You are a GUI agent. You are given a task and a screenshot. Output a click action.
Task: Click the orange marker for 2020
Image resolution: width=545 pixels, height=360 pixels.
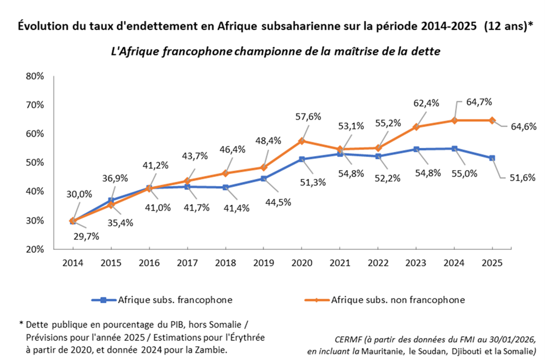[x=301, y=141]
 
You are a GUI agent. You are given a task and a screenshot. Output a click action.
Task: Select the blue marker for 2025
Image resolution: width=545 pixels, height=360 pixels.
[x=492, y=158]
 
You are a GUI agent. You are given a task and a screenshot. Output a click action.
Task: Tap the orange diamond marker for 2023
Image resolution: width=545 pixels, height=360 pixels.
[x=416, y=127]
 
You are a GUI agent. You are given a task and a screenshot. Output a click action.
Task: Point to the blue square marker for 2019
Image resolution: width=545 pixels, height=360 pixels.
[x=263, y=178]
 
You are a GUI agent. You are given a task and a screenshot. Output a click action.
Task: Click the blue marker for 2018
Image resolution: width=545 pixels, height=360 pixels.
[x=225, y=187]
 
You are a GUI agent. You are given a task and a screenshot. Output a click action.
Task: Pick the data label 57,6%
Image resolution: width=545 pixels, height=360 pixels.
[x=308, y=116]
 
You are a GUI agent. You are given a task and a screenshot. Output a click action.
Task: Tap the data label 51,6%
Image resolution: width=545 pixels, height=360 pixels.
[x=522, y=177]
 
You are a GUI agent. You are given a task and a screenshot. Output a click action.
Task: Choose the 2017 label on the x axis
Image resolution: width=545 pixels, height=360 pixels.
[x=187, y=262]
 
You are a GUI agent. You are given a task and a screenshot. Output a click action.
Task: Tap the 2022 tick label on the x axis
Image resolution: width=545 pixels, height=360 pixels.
[x=378, y=262]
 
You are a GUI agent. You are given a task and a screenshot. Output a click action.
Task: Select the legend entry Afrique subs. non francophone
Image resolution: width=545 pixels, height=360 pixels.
[x=397, y=299]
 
